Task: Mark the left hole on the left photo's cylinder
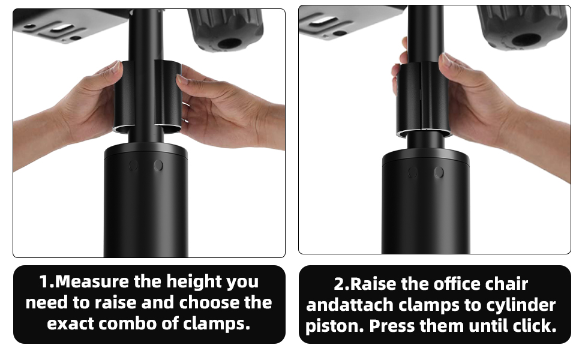134,165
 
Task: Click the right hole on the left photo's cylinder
158,165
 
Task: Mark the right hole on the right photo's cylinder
439,172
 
